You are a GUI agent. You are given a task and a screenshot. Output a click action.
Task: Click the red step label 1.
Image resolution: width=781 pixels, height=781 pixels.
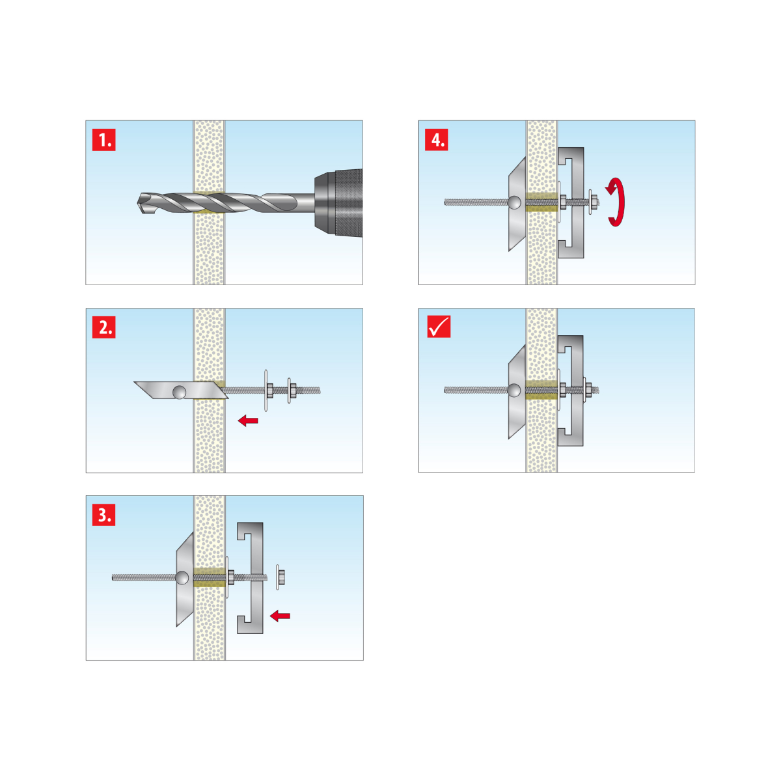click(103, 140)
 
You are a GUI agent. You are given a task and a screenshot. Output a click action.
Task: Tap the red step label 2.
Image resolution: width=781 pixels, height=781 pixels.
click(103, 327)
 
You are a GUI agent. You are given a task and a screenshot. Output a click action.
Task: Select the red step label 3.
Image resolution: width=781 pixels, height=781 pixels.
click(103, 515)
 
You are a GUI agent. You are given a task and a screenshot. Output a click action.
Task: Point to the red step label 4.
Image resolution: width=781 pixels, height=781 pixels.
click(437, 140)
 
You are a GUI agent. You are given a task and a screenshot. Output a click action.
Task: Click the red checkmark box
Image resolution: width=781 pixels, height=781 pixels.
click(439, 327)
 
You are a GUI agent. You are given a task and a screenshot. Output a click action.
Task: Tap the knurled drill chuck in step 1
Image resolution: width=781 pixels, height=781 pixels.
click(338, 202)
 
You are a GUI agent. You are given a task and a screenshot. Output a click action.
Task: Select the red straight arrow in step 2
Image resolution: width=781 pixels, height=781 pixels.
click(247, 420)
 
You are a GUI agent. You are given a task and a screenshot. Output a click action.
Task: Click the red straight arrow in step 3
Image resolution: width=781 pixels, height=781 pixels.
click(280, 616)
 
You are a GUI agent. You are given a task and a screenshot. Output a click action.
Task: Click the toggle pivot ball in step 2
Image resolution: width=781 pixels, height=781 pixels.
click(179, 392)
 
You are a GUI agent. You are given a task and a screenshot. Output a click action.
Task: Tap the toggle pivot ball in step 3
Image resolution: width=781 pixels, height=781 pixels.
click(182, 578)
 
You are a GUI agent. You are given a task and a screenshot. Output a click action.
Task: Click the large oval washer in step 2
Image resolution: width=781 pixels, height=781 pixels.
click(266, 390)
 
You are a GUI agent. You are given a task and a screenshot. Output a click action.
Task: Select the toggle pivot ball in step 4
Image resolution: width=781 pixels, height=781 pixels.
click(514, 202)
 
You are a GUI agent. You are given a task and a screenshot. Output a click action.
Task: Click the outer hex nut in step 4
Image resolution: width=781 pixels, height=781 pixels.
click(595, 202)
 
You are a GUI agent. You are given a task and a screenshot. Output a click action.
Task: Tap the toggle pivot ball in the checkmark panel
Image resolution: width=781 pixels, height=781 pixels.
click(514, 390)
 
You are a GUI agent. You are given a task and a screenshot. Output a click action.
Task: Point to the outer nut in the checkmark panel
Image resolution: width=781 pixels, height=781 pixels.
click(588, 390)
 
